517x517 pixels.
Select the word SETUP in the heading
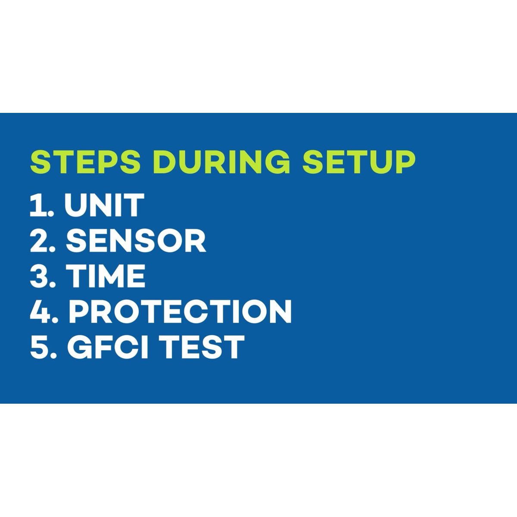(x=359, y=162)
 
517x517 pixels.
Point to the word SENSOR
(x=136, y=241)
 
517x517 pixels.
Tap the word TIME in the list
(x=106, y=276)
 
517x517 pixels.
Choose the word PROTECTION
(x=180, y=311)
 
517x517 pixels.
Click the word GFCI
(x=108, y=347)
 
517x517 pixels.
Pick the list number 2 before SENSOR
(x=40, y=241)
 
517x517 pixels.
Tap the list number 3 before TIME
(x=40, y=276)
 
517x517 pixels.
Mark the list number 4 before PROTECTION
(x=40, y=311)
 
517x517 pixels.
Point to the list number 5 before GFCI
(x=40, y=347)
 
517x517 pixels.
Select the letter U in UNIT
(x=75, y=206)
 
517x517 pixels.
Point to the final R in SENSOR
(x=196, y=241)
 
